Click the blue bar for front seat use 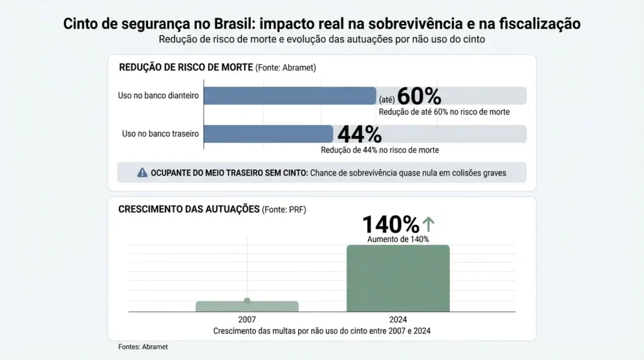290,96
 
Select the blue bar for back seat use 269,134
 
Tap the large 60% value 419,96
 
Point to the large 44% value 360,134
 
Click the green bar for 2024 398,278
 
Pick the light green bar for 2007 247,306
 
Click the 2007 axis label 247,320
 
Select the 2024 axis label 398,320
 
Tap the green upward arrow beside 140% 428,223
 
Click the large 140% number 391,224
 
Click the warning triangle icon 142,172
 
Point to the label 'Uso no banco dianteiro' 158,96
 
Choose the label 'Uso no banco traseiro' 160,134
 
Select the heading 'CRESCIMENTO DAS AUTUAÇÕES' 189,209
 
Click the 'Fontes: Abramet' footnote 143,347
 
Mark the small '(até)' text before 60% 386,99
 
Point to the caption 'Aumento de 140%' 398,239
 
